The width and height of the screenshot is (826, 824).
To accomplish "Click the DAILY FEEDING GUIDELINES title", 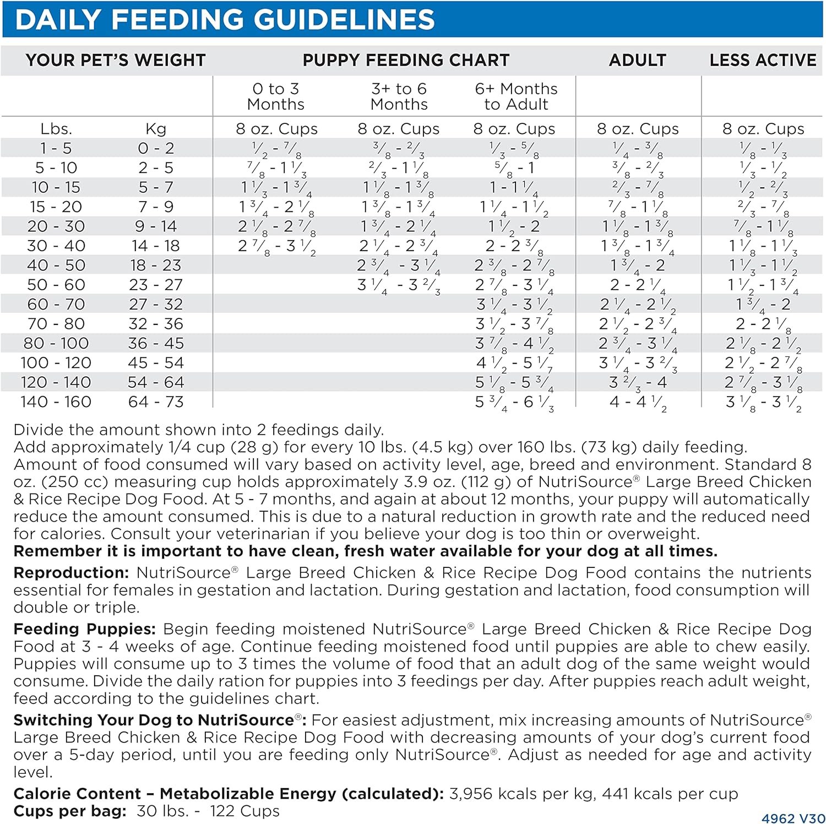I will tap(225, 20).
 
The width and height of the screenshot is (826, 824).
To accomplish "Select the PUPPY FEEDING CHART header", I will tap(406, 60).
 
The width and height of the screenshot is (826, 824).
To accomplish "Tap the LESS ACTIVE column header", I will tap(763, 60).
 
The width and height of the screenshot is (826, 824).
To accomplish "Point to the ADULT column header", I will tap(637, 60).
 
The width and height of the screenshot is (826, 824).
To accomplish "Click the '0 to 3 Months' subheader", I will tap(275, 96).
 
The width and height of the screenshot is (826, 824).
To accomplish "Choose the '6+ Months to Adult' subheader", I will tap(516, 96).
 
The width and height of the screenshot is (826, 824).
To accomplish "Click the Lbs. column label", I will tap(56, 129).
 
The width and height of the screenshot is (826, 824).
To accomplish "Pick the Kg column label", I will tap(156, 129).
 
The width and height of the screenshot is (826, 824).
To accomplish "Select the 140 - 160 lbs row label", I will tap(56, 402).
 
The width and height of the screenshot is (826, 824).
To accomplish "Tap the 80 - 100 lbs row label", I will tap(56, 344).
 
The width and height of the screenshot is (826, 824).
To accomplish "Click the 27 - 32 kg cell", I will tap(156, 305).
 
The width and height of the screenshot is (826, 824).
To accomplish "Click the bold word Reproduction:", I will tap(71, 573).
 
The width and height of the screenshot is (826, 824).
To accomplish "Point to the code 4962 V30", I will tap(793, 818).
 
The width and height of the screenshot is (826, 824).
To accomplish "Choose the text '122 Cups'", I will tap(244, 811).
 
